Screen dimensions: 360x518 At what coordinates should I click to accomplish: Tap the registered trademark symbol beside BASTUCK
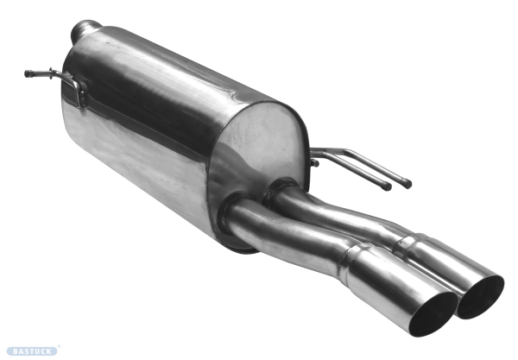(x=59, y=347)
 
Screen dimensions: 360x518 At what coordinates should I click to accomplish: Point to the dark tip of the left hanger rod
(x=28, y=73)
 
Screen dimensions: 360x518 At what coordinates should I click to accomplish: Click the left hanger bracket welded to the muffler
(x=78, y=90)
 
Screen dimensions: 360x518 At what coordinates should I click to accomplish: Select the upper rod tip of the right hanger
(x=407, y=184)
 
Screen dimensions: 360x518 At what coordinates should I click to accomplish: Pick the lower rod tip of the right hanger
(x=387, y=186)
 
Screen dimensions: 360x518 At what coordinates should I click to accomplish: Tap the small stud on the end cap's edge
(x=314, y=162)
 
